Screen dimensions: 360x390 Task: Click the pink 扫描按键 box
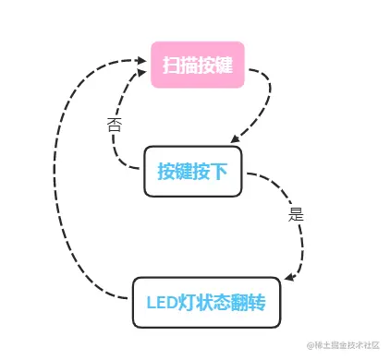click(197, 65)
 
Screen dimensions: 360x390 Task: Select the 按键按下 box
click(192, 172)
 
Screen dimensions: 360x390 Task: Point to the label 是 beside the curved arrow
click(296, 214)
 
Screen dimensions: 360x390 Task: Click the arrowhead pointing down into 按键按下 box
click(236, 138)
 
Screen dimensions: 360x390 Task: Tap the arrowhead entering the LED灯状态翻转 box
click(288, 277)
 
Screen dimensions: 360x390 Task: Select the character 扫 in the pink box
click(171, 66)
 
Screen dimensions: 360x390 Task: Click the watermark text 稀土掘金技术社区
click(347, 344)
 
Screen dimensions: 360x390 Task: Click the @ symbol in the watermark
click(310, 344)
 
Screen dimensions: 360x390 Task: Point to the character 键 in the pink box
click(223, 66)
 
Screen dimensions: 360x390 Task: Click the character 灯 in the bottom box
click(189, 302)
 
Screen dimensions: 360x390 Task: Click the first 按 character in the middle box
click(166, 172)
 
